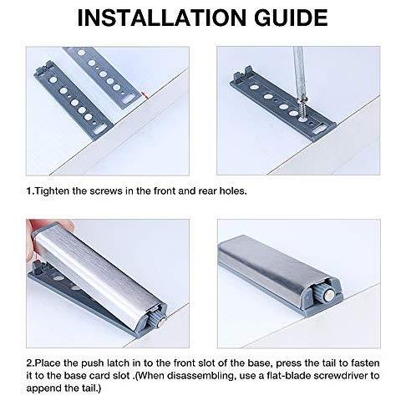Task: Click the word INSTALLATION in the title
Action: click(x=162, y=18)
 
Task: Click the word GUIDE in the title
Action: click(x=291, y=18)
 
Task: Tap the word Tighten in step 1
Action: click(x=53, y=191)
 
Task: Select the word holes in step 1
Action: click(x=233, y=191)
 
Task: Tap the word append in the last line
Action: click(x=42, y=389)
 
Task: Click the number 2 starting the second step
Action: click(x=29, y=363)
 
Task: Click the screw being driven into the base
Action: click(x=302, y=108)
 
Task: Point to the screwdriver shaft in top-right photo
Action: click(x=298, y=74)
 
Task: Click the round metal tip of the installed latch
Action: click(x=329, y=296)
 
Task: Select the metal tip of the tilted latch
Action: click(x=161, y=324)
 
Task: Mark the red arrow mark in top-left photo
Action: click(x=144, y=95)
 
